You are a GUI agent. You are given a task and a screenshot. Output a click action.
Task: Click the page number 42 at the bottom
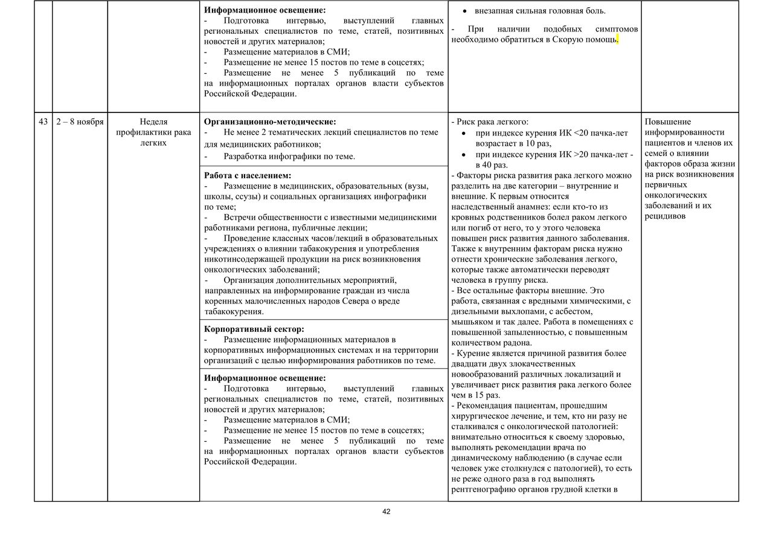pos(386,511)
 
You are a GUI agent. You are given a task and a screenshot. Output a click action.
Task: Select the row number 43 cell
pos(43,121)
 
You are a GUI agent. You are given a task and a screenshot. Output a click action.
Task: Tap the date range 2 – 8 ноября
pos(80,121)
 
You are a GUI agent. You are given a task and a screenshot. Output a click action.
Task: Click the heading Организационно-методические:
pos(270,121)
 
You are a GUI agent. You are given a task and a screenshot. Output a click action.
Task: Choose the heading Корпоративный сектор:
pos(254,329)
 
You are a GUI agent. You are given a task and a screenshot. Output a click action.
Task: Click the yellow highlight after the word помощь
pos(618,40)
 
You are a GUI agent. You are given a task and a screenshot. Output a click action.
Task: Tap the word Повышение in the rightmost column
pos(668,121)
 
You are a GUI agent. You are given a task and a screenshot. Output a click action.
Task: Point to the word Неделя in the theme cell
pos(153,121)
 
